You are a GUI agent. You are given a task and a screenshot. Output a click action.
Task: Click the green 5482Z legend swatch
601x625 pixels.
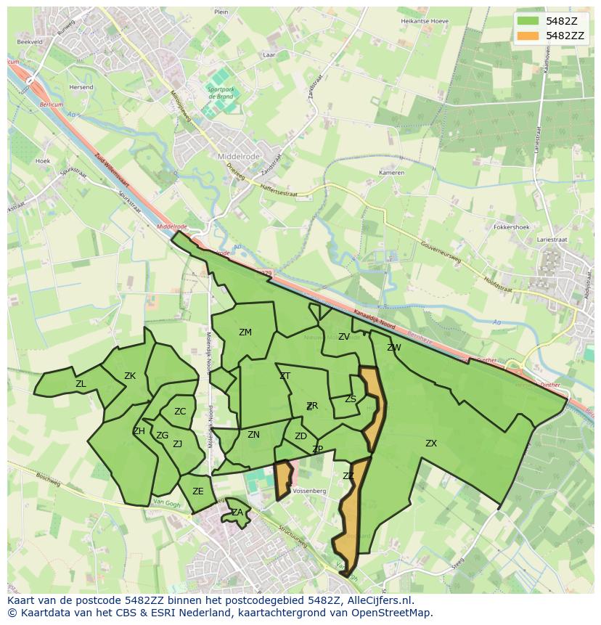click(x=528, y=21)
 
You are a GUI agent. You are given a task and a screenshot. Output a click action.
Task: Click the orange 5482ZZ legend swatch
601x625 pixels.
click(x=528, y=36)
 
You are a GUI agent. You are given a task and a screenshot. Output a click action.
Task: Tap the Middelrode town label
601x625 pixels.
click(x=238, y=156)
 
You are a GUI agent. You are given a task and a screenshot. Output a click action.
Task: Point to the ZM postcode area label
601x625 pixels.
click(x=245, y=332)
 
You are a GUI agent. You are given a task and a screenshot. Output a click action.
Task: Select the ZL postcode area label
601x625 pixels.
click(x=81, y=384)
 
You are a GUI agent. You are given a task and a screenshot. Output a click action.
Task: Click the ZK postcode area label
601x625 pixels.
click(x=130, y=376)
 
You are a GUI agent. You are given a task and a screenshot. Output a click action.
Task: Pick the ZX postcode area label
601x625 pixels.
click(x=431, y=443)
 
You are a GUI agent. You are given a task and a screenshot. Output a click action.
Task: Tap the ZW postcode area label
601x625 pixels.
click(x=394, y=348)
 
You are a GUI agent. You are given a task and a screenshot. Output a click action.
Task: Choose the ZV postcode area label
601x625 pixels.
click(x=344, y=337)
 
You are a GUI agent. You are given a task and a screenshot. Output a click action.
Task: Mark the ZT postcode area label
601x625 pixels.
click(x=285, y=376)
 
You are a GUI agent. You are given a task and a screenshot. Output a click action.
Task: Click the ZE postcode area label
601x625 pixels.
click(x=198, y=491)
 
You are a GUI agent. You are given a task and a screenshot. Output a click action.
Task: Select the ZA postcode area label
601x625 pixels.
click(x=237, y=512)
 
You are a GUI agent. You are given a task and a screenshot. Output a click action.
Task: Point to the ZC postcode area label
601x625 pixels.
click(x=180, y=412)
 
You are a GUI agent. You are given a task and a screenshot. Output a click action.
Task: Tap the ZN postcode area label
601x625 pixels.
click(x=253, y=435)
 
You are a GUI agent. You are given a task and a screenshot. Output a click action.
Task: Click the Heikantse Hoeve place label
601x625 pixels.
click(x=425, y=21)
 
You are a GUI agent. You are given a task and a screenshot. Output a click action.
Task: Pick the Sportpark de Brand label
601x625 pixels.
click(x=220, y=92)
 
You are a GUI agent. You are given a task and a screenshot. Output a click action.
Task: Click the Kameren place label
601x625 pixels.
click(x=391, y=173)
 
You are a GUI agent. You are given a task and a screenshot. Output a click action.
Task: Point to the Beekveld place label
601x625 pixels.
click(x=30, y=42)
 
